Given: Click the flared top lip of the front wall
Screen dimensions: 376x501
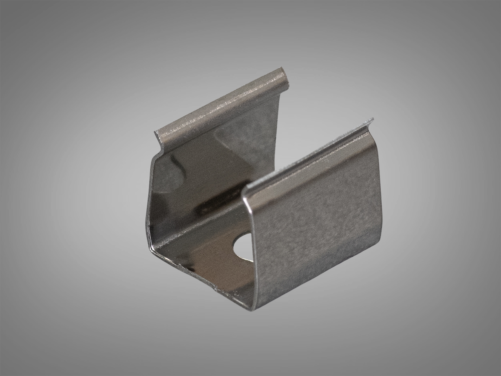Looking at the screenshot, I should [307, 157].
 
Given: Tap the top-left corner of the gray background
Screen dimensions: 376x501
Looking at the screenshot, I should [2, 2].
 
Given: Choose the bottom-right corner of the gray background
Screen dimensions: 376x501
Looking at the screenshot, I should [499, 374].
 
